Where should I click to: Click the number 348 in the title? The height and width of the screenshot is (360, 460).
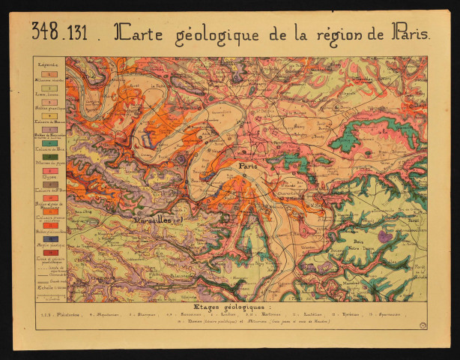(46, 32)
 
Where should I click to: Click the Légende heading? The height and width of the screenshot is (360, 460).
(48, 65)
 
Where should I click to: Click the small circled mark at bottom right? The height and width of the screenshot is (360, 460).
(424, 323)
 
